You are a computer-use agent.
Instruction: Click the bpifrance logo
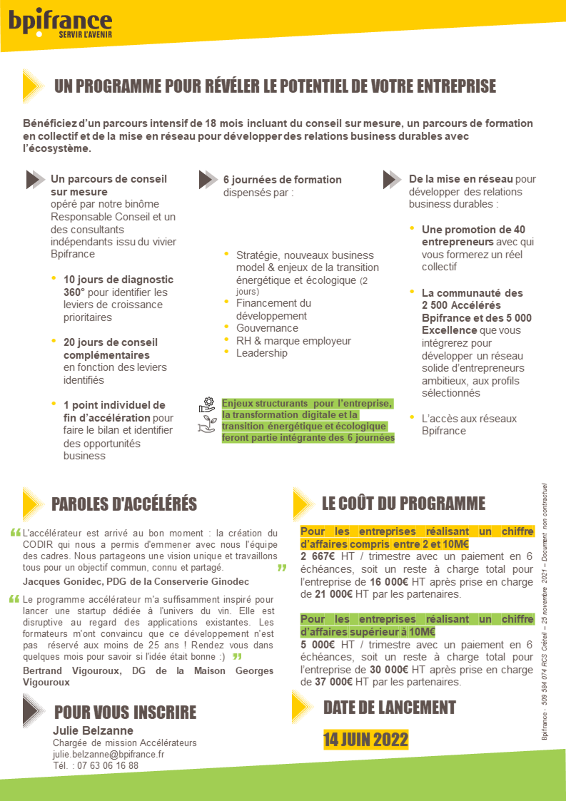tap(60, 24)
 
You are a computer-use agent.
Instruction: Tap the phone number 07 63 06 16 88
tap(106, 765)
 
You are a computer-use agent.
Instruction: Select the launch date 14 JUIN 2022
tap(365, 739)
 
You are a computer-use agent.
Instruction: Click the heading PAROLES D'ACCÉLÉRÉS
tap(124, 504)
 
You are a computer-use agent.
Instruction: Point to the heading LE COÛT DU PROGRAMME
tap(403, 503)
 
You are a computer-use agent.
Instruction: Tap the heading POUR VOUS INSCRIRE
tap(125, 713)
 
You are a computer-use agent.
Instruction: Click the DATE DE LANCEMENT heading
tap(389, 708)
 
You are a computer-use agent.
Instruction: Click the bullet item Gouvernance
tap(267, 328)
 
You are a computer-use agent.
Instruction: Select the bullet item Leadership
tap(261, 353)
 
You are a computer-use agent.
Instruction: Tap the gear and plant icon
tap(207, 415)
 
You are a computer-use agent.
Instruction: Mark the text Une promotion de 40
tap(473, 230)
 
